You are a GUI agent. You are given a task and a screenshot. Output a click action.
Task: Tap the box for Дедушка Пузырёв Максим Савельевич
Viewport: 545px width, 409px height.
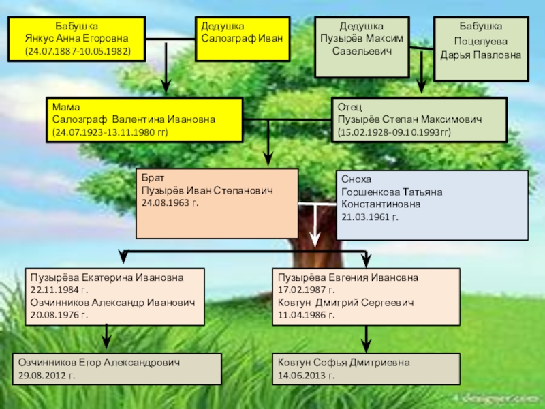(x=362, y=46)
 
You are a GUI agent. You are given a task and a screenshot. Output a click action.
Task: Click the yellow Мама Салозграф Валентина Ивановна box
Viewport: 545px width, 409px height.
(x=144, y=119)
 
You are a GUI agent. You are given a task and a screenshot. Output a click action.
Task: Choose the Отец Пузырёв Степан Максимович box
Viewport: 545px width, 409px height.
(x=418, y=119)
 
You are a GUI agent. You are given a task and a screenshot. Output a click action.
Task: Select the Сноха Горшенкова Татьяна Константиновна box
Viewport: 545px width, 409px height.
(x=432, y=205)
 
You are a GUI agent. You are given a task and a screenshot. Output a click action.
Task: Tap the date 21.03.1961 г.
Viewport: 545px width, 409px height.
(x=370, y=217)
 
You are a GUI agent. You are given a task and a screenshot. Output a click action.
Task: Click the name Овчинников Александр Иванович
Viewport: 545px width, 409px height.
(x=112, y=303)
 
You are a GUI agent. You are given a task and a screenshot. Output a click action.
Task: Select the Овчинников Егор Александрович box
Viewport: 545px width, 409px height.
(x=118, y=369)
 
